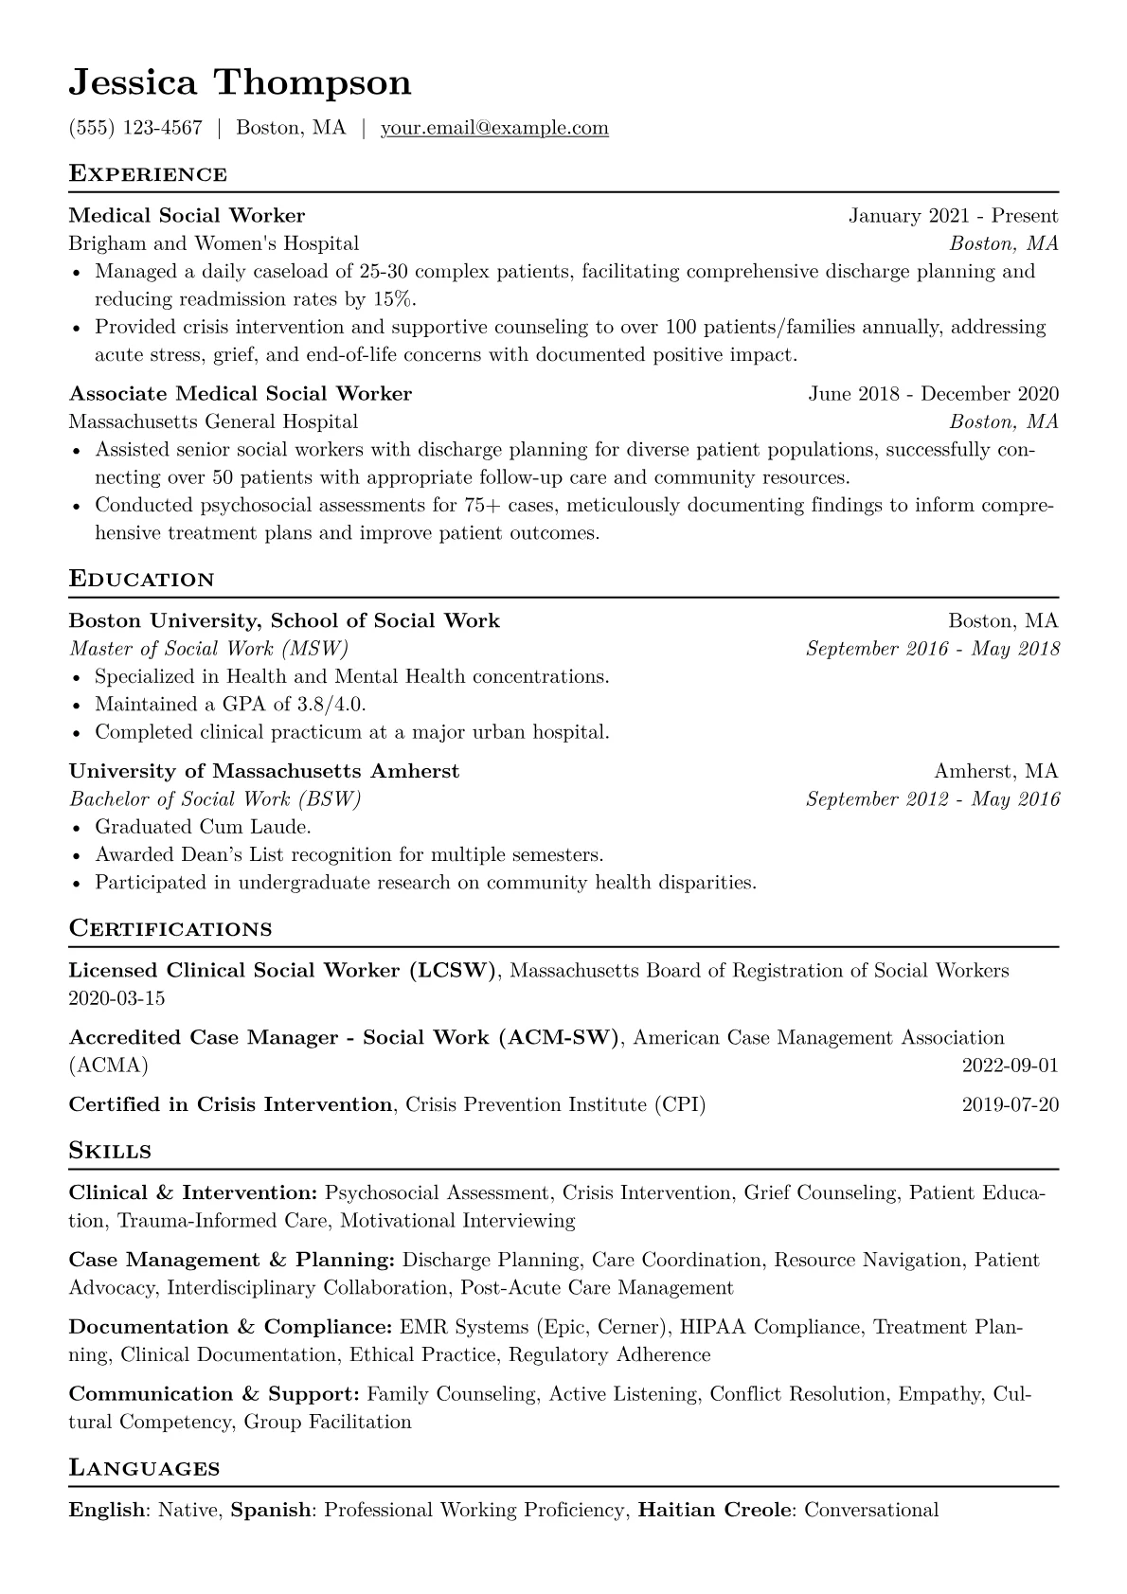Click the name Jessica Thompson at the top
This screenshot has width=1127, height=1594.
click(240, 83)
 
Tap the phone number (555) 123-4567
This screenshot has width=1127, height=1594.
click(135, 128)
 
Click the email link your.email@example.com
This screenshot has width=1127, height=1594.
click(494, 128)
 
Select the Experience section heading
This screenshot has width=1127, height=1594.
click(148, 174)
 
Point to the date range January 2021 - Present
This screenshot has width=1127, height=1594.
click(953, 216)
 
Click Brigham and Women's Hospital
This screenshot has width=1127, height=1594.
click(214, 243)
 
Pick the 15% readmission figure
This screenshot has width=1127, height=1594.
click(394, 299)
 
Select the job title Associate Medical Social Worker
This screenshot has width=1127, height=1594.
click(241, 394)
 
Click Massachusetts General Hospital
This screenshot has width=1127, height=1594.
click(213, 421)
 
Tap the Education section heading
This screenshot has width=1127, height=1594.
click(142, 580)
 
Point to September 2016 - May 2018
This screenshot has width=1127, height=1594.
click(932, 649)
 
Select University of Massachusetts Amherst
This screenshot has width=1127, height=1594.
click(264, 771)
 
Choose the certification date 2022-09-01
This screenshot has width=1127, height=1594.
click(1010, 1066)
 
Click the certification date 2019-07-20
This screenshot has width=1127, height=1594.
click(1010, 1104)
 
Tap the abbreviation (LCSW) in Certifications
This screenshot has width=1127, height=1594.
click(453, 971)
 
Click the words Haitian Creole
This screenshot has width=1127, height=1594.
click(714, 1510)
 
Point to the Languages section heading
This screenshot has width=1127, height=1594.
click(144, 1469)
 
